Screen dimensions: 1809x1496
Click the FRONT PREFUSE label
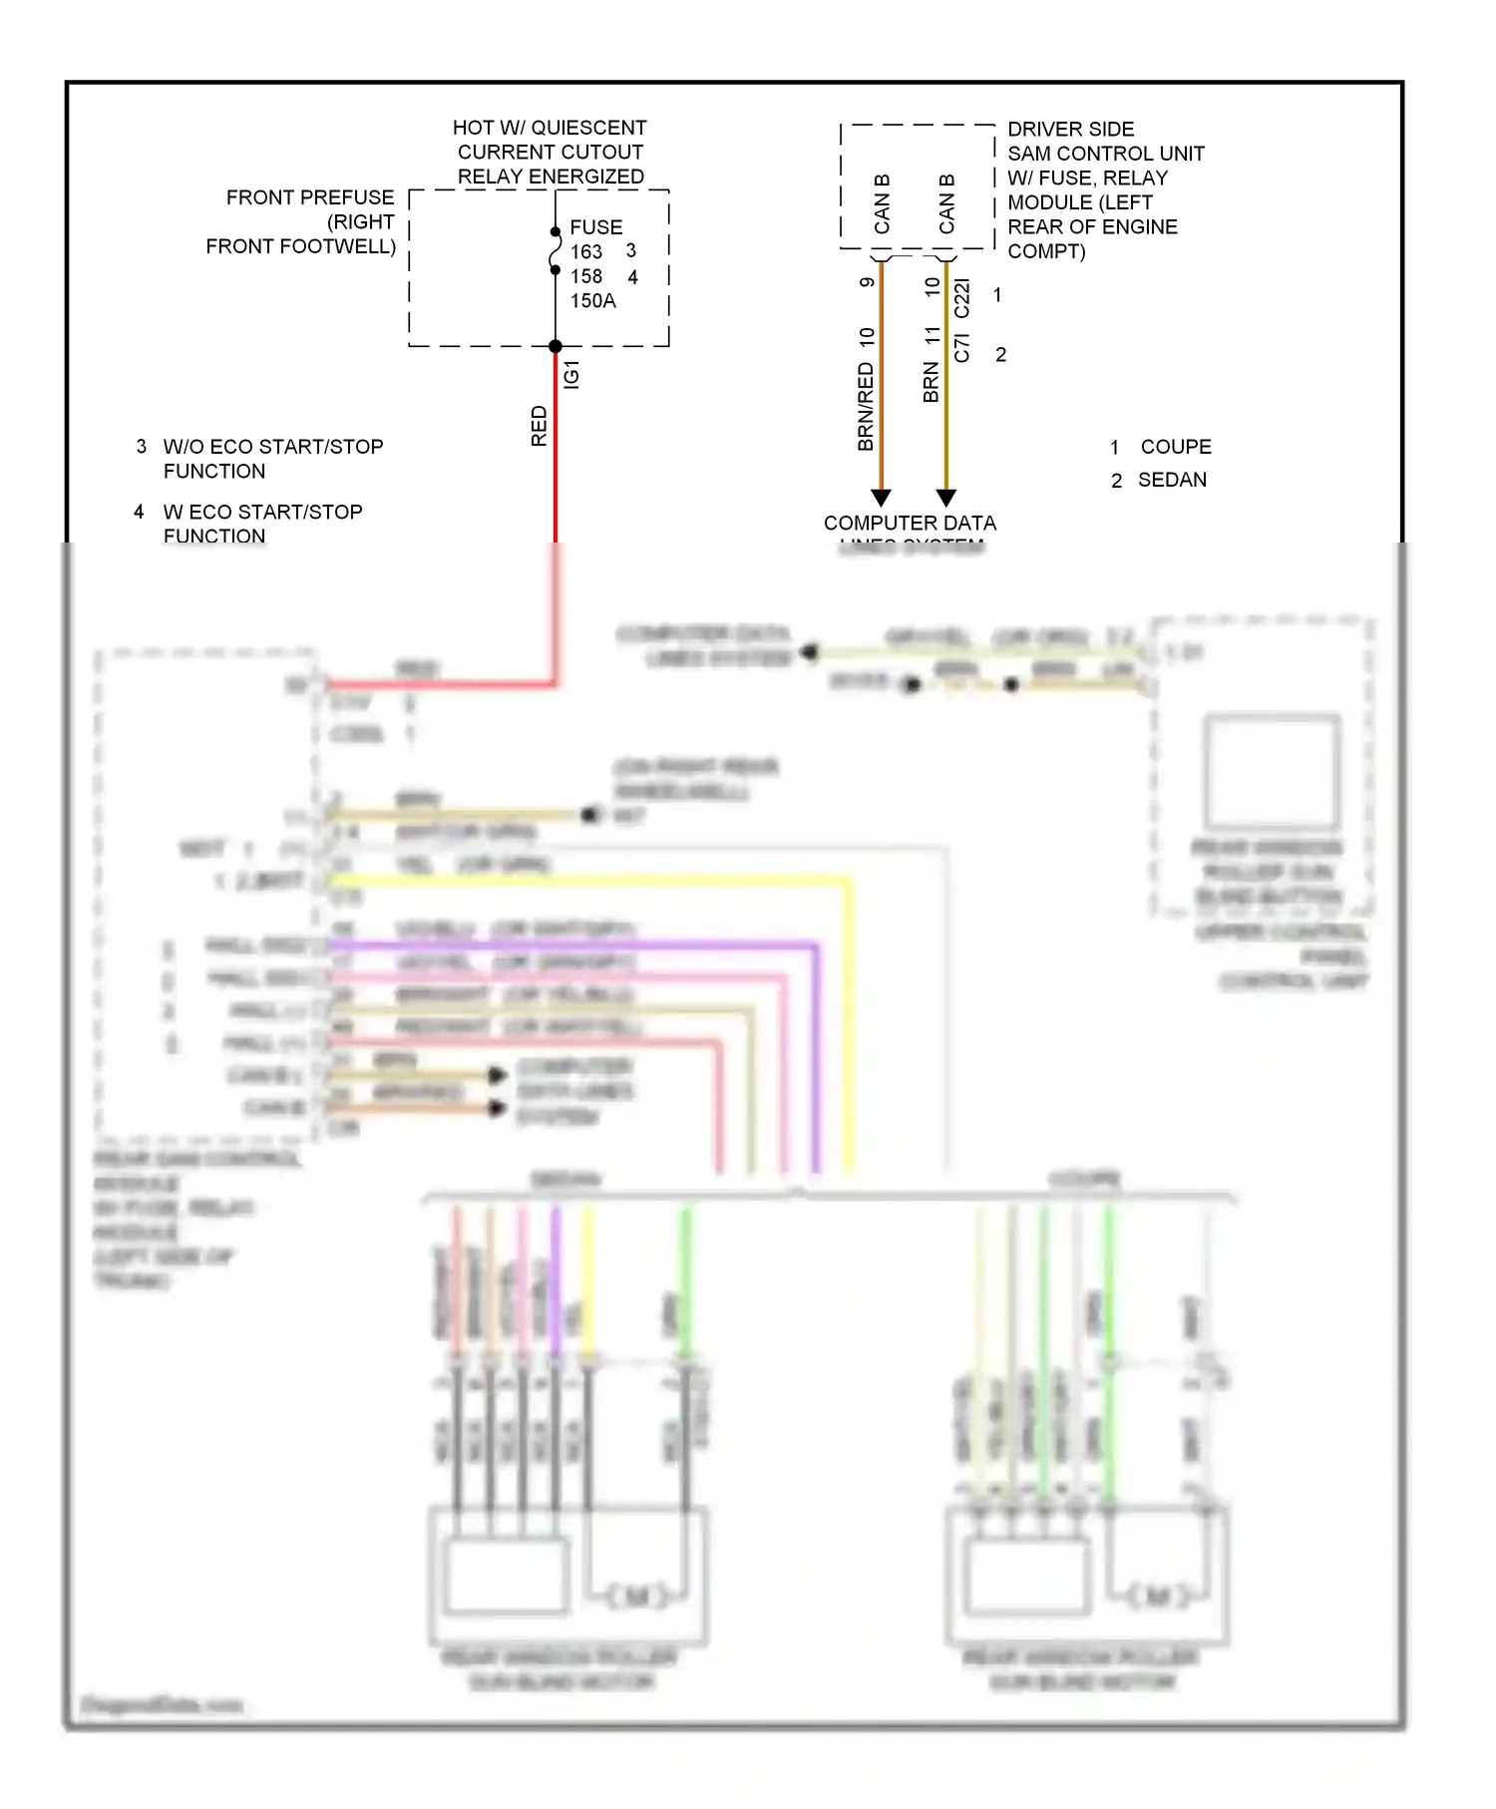pyautogui.click(x=309, y=197)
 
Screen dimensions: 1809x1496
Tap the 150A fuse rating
pyautogui.click(x=592, y=301)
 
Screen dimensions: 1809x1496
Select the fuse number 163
pyautogui.click(x=586, y=252)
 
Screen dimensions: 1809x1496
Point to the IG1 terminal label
pyautogui.click(x=571, y=374)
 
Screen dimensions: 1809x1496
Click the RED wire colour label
pyautogui.click(x=540, y=426)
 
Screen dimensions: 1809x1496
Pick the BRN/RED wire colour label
pyautogui.click(x=866, y=407)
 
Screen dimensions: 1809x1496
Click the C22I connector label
pyautogui.click(x=961, y=298)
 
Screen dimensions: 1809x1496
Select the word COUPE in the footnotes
pyautogui.click(x=1176, y=447)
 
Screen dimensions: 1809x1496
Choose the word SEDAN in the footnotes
pyautogui.click(x=1172, y=480)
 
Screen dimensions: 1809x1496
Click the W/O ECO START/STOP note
pyautogui.click(x=273, y=447)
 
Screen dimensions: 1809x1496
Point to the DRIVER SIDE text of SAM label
pyautogui.click(x=1070, y=130)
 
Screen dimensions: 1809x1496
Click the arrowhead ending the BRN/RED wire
pyautogui.click(x=881, y=497)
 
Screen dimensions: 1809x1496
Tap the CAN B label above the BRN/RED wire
pyautogui.click(x=882, y=204)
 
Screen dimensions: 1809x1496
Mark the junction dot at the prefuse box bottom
pyautogui.click(x=556, y=346)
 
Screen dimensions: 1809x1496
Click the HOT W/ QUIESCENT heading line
pyautogui.click(x=550, y=128)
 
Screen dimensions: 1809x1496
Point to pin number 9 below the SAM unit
pyautogui.click(x=867, y=282)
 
